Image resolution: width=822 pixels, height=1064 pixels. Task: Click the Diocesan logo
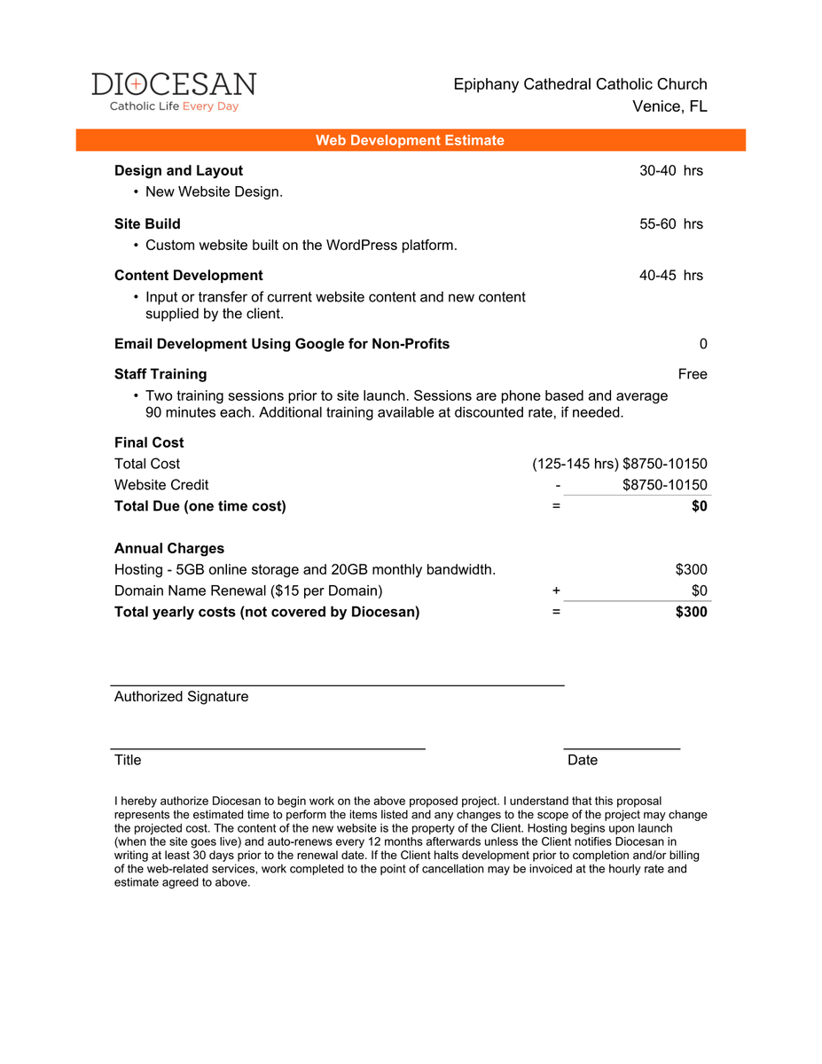click(x=174, y=91)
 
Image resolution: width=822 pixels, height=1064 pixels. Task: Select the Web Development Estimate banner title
click(x=410, y=140)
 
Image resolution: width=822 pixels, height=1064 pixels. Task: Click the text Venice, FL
click(x=669, y=106)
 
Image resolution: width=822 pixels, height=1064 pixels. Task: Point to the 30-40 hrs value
click(x=670, y=170)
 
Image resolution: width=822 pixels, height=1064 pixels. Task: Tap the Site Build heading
click(x=147, y=223)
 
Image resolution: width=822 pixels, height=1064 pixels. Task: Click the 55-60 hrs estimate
click(x=670, y=223)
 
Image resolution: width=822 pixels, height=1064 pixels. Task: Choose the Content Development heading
click(x=188, y=275)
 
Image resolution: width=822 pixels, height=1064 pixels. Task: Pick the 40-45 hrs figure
click(x=670, y=275)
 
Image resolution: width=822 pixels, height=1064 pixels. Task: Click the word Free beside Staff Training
click(x=692, y=374)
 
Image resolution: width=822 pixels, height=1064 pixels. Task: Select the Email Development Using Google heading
click(x=281, y=344)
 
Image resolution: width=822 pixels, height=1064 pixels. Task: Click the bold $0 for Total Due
click(x=699, y=506)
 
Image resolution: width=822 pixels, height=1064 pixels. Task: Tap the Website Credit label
click(x=161, y=485)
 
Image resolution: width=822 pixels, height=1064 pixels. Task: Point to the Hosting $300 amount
click(x=691, y=569)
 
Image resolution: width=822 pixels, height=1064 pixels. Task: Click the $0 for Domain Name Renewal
click(x=699, y=591)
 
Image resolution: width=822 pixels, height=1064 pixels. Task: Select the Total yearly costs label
click(x=266, y=612)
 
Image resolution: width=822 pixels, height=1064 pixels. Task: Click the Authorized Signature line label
click(x=181, y=697)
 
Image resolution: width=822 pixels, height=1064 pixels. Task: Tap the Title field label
click(x=128, y=760)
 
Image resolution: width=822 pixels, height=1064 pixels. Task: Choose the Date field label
click(x=583, y=760)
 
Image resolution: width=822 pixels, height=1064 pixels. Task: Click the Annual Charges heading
click(x=168, y=548)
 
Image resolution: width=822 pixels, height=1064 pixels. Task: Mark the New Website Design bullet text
click(x=214, y=192)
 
